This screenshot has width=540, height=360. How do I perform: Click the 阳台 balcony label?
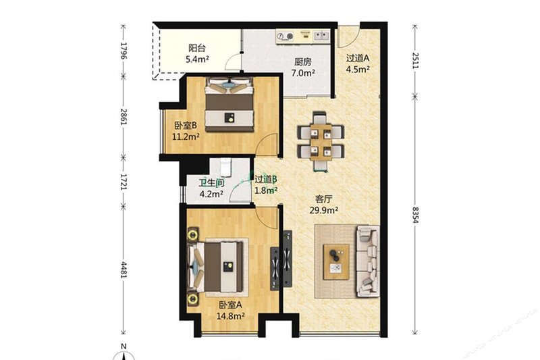(196, 48)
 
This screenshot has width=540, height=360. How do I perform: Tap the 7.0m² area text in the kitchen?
(303, 73)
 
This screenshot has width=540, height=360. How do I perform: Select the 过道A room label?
(358, 58)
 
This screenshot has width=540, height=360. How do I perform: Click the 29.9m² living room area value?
(323, 210)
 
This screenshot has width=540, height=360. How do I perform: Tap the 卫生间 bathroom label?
(211, 183)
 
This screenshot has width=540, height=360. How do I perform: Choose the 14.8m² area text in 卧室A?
(230, 315)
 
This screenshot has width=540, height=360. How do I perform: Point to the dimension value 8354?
(415, 215)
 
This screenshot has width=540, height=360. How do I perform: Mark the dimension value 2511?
(415, 61)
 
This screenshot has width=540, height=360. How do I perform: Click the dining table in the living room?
(321, 142)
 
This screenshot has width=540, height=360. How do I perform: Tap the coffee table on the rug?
(336, 262)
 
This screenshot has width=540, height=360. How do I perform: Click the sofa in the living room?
(367, 261)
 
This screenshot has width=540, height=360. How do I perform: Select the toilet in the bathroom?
(225, 168)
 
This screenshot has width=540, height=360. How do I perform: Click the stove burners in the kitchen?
(284, 36)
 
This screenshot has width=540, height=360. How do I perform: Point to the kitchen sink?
(322, 36)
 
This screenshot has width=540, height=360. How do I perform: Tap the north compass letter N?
(124, 346)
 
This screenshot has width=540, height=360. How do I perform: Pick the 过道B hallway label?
(266, 179)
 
